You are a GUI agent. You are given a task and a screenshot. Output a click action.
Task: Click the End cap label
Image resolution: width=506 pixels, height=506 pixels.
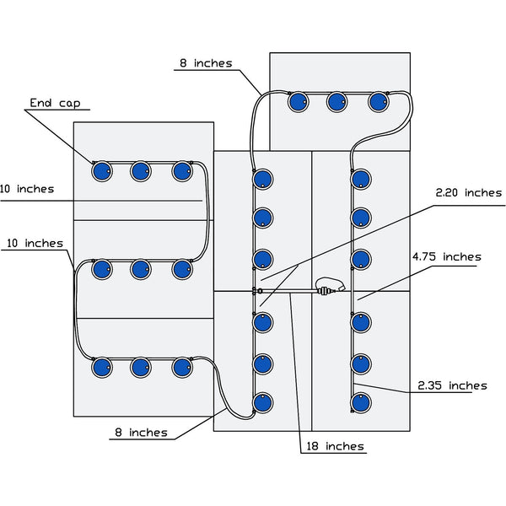coord(54,104)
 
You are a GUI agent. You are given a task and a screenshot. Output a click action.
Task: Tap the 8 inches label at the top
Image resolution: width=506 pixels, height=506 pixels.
coord(205,63)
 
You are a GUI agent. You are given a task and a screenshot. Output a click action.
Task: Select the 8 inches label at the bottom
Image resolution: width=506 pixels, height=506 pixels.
coord(141,433)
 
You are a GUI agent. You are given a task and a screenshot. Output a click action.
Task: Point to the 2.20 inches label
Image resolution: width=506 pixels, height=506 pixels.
coord(468,193)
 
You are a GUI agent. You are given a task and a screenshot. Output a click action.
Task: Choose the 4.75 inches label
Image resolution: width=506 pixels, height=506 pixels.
coord(446,256)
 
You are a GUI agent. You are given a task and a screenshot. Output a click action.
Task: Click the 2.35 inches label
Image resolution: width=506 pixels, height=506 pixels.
coord(452,385)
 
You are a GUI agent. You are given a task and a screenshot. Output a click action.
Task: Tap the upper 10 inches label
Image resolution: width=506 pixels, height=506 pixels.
coord(27,189)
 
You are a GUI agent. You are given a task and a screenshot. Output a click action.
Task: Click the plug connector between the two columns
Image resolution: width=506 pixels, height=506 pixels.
coord(326,292)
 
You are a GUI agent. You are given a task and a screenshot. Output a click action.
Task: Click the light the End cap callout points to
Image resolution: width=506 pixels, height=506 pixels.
coord(101,171)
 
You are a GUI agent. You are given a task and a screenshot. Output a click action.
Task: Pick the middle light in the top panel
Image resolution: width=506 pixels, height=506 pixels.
coord(337,102)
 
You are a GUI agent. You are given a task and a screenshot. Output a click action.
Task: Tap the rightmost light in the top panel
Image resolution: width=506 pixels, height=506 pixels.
coord(379,102)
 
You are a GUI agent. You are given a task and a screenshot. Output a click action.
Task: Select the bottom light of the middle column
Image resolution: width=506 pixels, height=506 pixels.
coord(263,403)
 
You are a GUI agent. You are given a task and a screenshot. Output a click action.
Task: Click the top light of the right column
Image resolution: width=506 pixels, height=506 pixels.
coord(361,179)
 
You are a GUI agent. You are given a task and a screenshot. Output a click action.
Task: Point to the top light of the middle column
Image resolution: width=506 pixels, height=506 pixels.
coord(263,179)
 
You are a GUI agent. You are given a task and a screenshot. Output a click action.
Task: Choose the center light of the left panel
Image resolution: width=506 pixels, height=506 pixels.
coord(141,270)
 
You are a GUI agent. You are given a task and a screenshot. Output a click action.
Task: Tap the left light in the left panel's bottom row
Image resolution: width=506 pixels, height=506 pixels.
coord(101,368)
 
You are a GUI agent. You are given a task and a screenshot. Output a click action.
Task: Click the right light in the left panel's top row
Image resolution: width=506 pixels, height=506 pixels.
coord(181,171)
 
